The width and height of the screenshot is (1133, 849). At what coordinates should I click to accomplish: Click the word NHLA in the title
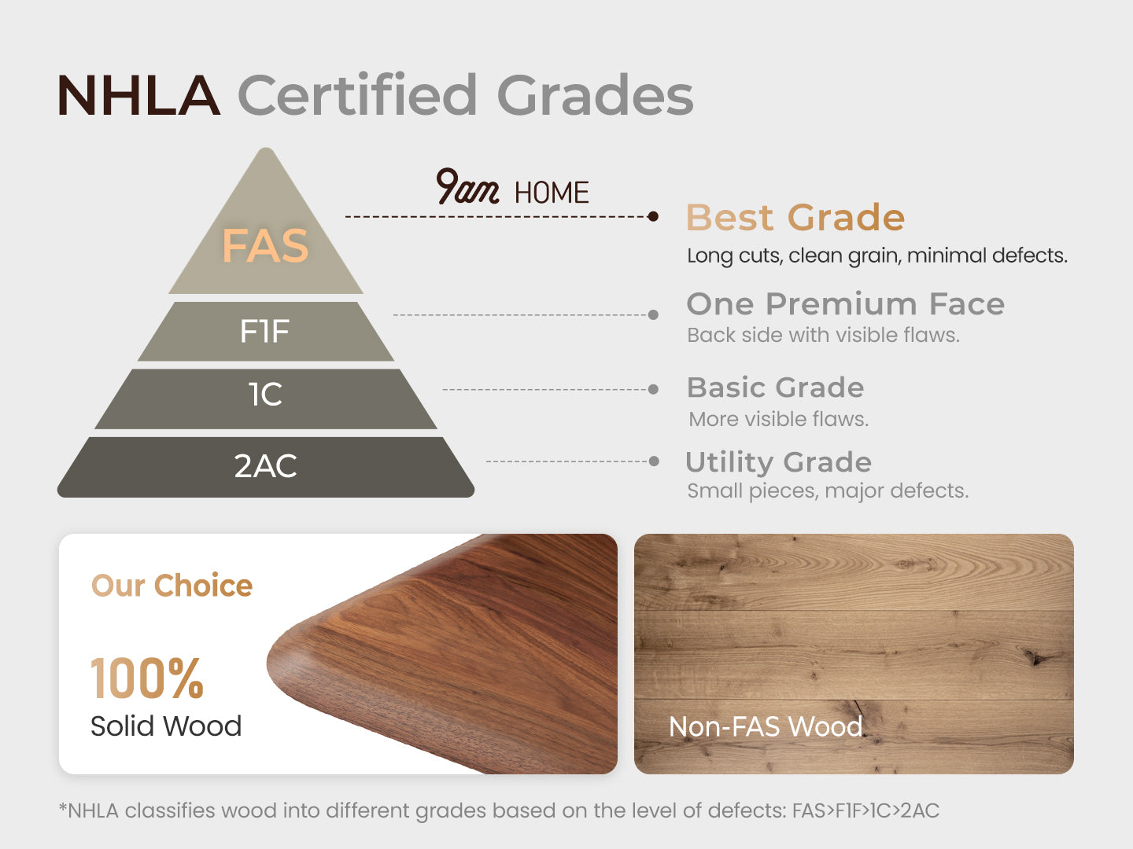click(138, 95)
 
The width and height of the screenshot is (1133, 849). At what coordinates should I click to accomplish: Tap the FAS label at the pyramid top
click(265, 246)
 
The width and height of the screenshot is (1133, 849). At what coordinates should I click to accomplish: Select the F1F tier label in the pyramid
click(264, 331)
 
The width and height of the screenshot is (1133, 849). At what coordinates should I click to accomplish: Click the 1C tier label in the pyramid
click(265, 395)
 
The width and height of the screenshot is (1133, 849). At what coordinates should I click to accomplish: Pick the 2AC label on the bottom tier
click(265, 466)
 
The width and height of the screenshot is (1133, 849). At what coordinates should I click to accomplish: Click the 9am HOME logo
click(512, 186)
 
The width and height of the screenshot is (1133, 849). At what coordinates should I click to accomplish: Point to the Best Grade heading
click(795, 217)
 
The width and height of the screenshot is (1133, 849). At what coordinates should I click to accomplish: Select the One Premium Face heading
click(846, 303)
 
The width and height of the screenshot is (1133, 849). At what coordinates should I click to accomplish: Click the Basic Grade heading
click(775, 387)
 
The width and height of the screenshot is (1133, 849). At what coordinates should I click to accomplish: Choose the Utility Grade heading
click(778, 461)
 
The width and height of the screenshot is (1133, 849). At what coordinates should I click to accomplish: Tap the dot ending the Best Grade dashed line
click(653, 216)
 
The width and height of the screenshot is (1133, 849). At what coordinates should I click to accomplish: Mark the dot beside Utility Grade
click(654, 461)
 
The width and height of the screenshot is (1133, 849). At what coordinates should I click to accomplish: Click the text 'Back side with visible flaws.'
click(823, 336)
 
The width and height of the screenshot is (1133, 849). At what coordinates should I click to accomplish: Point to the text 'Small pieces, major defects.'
click(828, 491)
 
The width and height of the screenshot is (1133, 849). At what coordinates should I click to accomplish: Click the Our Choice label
click(172, 586)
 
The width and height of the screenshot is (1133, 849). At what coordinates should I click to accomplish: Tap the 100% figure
click(147, 678)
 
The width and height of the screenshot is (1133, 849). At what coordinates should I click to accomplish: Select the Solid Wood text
click(166, 726)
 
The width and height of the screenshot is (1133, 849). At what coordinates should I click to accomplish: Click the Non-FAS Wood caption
click(766, 727)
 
